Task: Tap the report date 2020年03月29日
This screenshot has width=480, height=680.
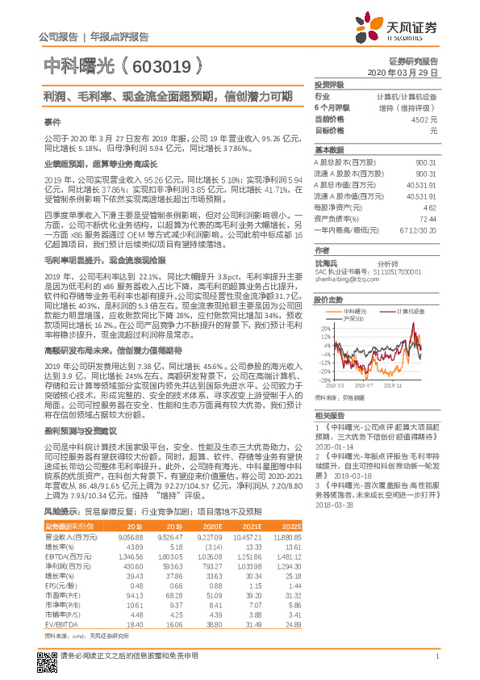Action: point(403,72)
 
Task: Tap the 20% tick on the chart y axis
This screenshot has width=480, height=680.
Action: point(325,329)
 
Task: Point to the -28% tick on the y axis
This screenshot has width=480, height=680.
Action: point(324,380)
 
